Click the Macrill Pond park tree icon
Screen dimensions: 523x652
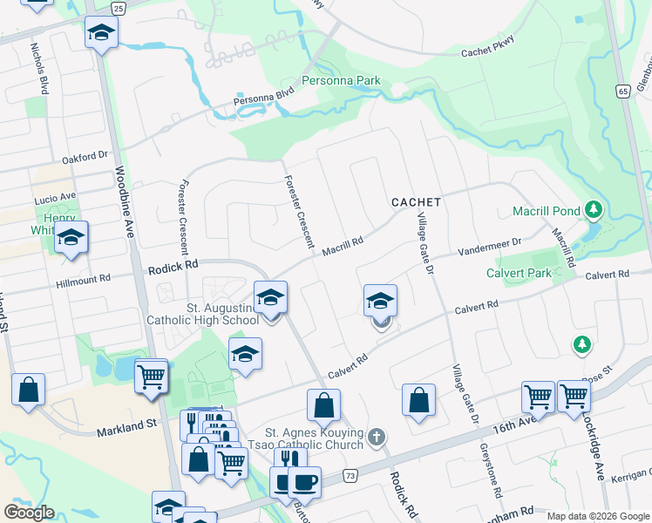coord(594,209)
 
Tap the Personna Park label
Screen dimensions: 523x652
coord(341,81)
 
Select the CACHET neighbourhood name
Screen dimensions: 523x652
coord(416,201)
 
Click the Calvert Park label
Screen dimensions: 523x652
coord(519,273)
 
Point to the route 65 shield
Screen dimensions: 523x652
coord(621,91)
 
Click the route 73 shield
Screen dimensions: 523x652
coord(350,475)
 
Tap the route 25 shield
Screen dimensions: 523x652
coord(119,8)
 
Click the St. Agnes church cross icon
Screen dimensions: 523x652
coord(376,436)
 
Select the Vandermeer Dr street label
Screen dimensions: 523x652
coord(491,247)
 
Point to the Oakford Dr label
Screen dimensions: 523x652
coord(85,159)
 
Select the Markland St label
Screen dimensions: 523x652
coord(126,424)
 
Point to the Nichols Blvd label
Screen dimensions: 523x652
coord(39,69)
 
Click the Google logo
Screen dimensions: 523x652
coord(29,513)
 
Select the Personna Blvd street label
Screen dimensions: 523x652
coord(265,101)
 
